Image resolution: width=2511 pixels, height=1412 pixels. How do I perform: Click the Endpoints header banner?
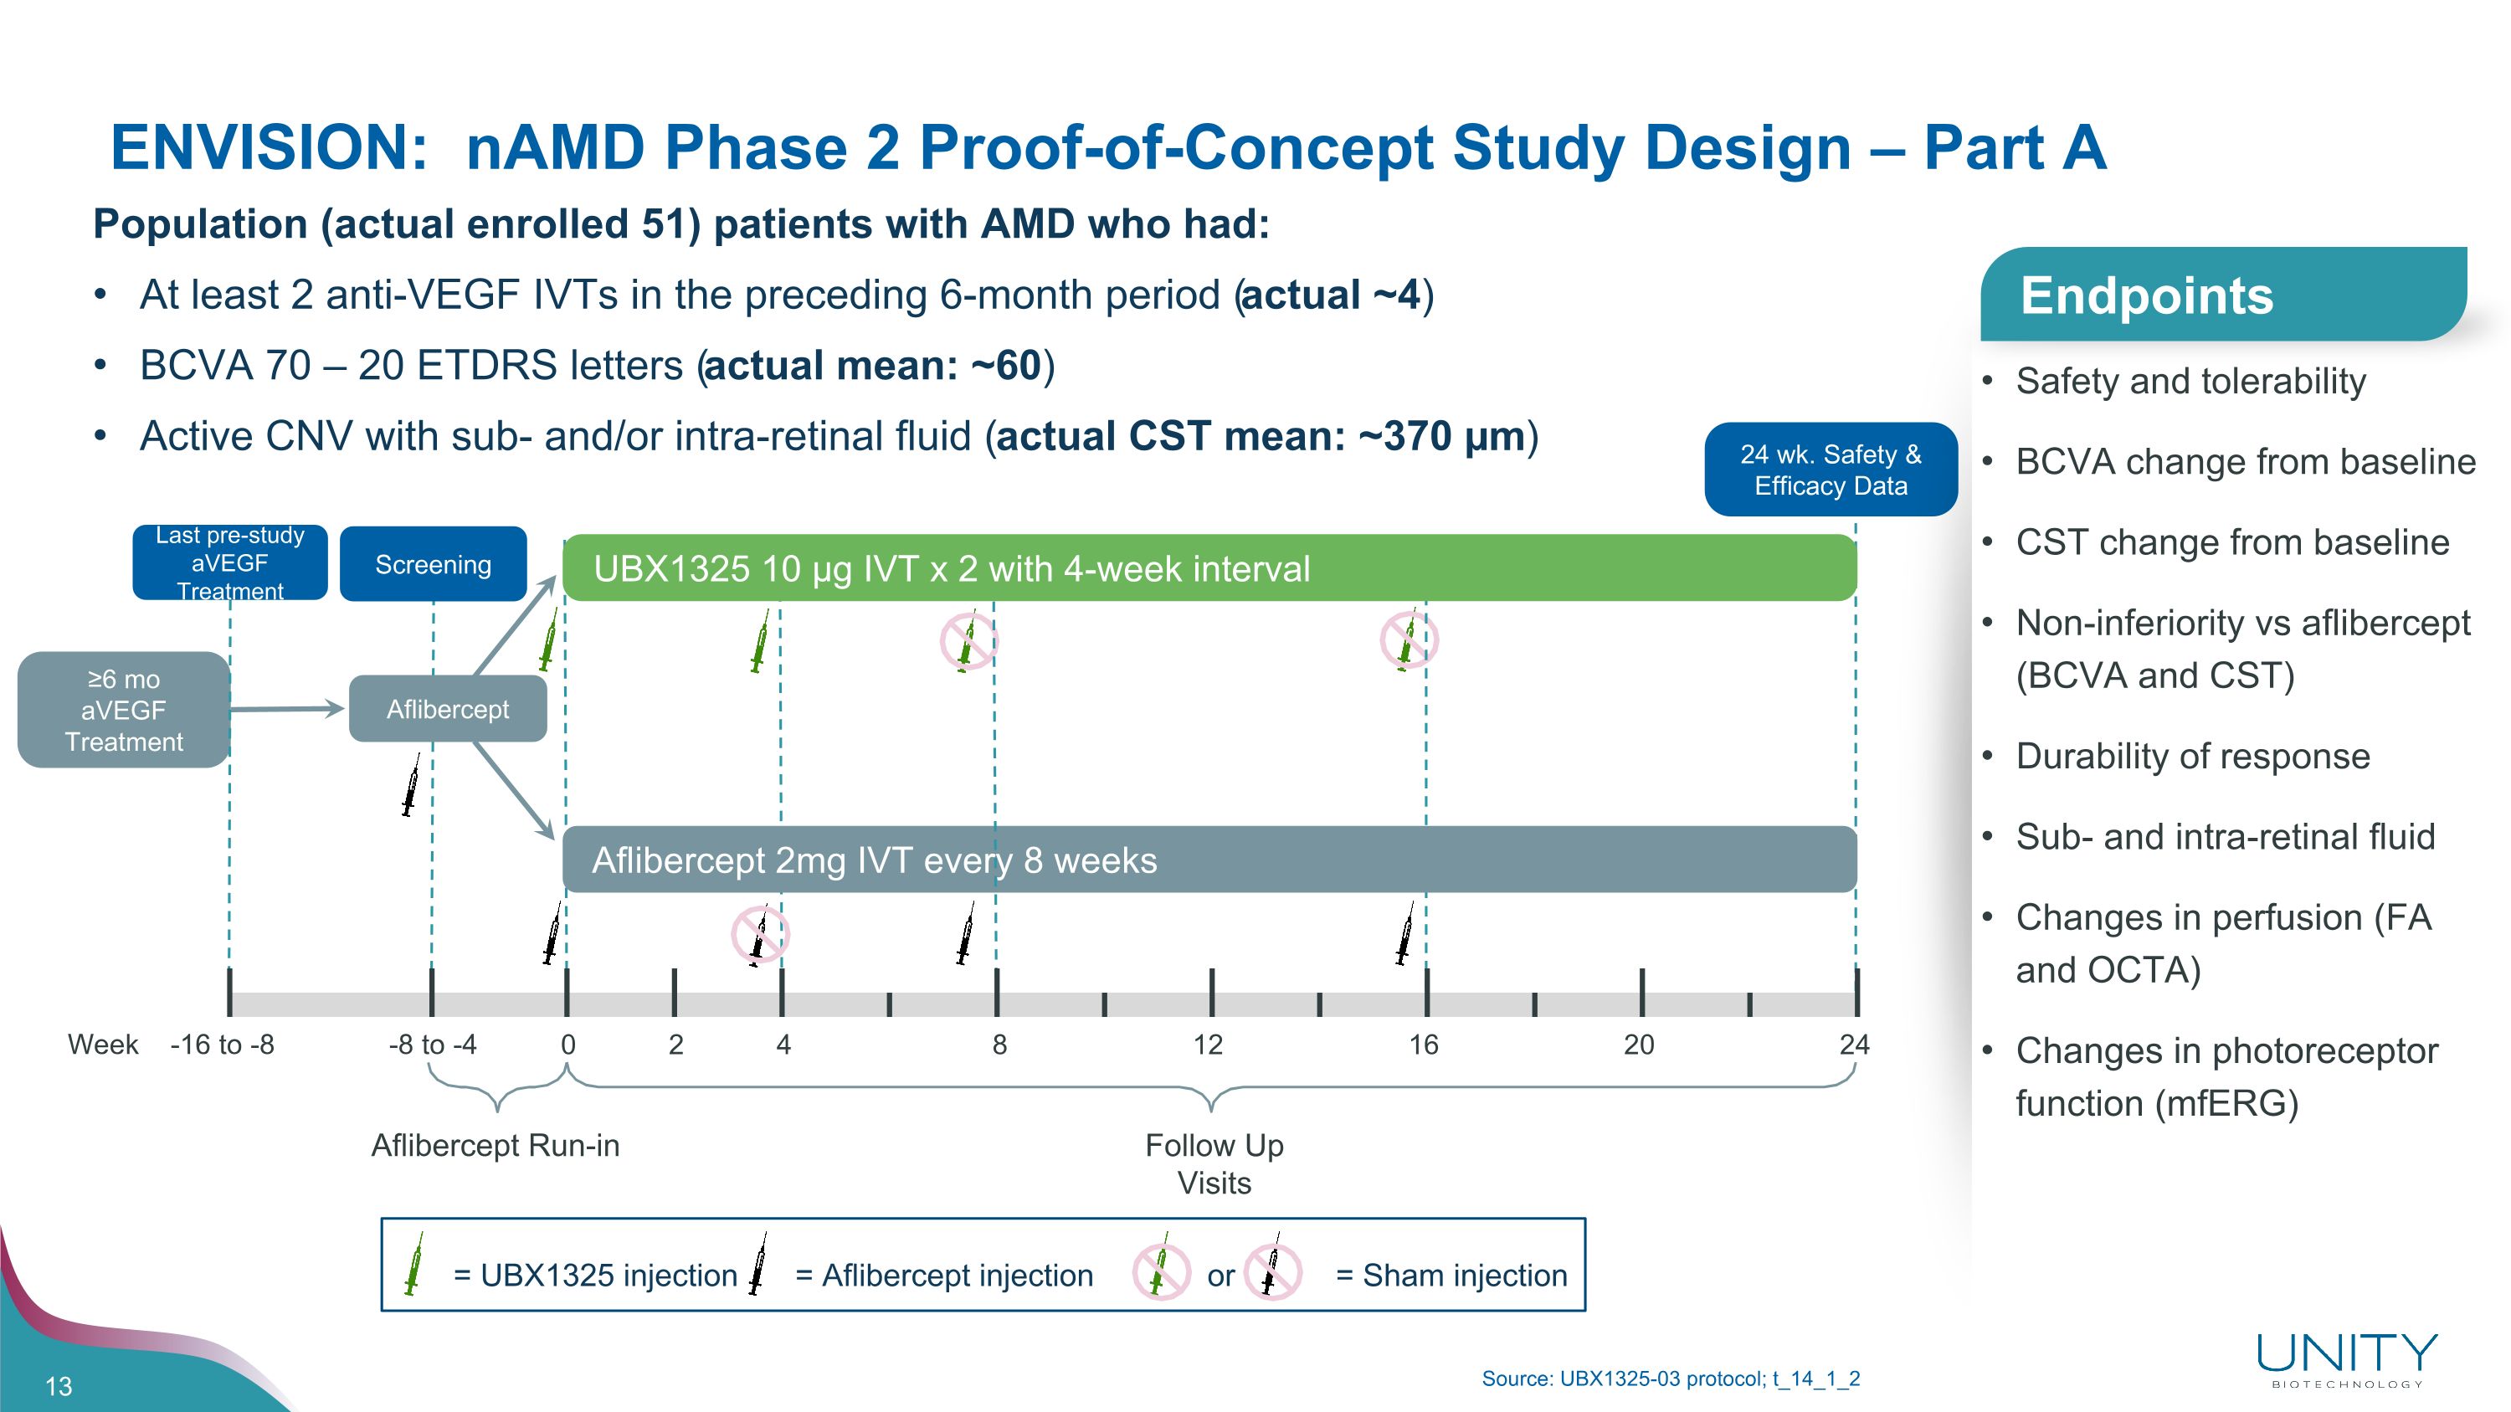[2222, 295]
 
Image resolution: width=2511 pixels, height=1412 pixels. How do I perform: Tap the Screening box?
[433, 564]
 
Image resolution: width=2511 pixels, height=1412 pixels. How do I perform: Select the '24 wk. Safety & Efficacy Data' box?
[1830, 470]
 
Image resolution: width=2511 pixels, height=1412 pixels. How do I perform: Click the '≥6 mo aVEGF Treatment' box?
[123, 710]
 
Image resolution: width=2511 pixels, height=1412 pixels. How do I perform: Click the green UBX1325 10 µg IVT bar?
[1209, 568]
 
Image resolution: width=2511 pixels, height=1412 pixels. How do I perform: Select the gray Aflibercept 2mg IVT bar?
[1209, 860]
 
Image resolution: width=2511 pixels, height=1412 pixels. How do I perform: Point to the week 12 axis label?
[1208, 1045]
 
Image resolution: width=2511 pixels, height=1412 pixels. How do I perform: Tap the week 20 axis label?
[1639, 1045]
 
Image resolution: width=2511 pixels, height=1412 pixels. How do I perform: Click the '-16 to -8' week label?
[223, 1045]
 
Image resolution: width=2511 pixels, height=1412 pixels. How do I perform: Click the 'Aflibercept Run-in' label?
[496, 1145]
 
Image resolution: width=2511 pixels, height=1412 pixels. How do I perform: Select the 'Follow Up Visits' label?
[1214, 1163]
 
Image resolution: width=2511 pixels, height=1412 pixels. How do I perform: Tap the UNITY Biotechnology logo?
[2346, 1358]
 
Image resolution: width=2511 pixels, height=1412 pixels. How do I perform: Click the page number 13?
[59, 1386]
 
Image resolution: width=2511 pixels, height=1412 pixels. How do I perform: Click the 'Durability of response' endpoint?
[2192, 756]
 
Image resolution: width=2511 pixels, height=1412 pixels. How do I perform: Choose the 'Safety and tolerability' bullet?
[2190, 381]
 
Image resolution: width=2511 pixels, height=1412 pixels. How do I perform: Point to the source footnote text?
[1670, 1379]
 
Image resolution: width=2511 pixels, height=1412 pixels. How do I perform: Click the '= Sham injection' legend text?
[1451, 1275]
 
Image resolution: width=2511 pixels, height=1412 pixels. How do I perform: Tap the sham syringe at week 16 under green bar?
[1409, 640]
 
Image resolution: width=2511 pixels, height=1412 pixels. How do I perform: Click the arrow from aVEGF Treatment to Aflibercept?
[288, 708]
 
